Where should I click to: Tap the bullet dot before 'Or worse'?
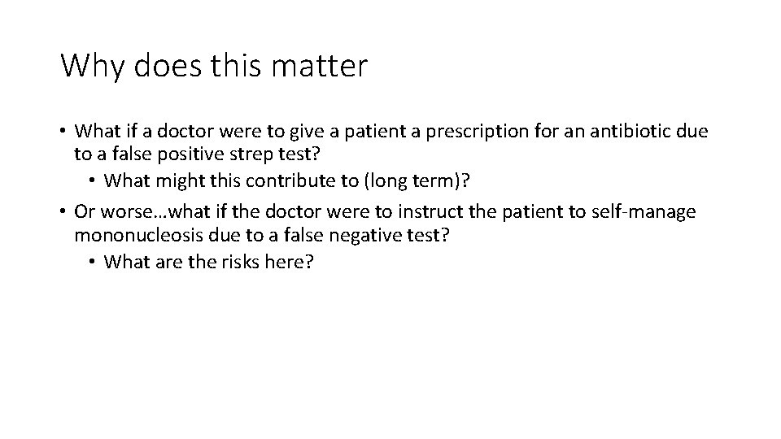[x=63, y=212]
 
